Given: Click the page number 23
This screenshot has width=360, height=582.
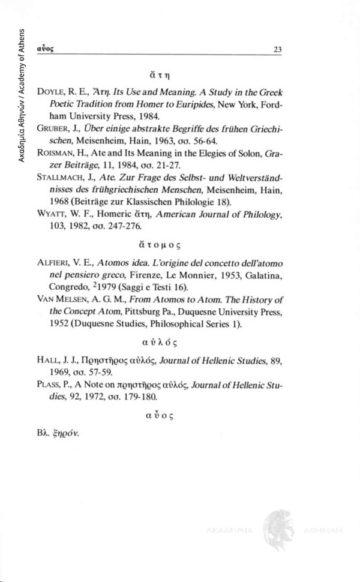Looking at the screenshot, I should point(277,50).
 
